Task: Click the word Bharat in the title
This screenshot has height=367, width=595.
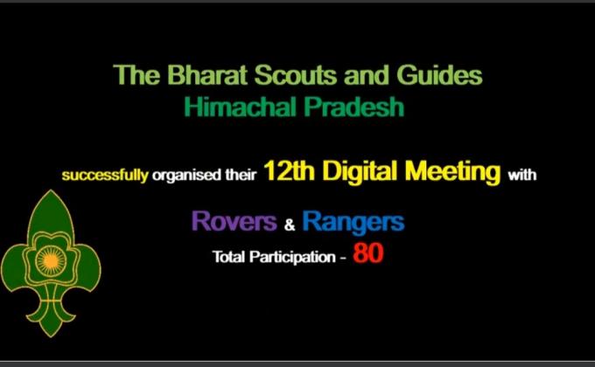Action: click(196, 76)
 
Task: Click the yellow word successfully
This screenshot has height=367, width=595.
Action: click(104, 175)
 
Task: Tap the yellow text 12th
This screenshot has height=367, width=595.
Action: click(292, 172)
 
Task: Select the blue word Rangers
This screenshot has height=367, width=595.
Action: click(353, 222)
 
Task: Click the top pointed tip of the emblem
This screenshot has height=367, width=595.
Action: click(51, 192)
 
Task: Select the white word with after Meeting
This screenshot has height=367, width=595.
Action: click(521, 175)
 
